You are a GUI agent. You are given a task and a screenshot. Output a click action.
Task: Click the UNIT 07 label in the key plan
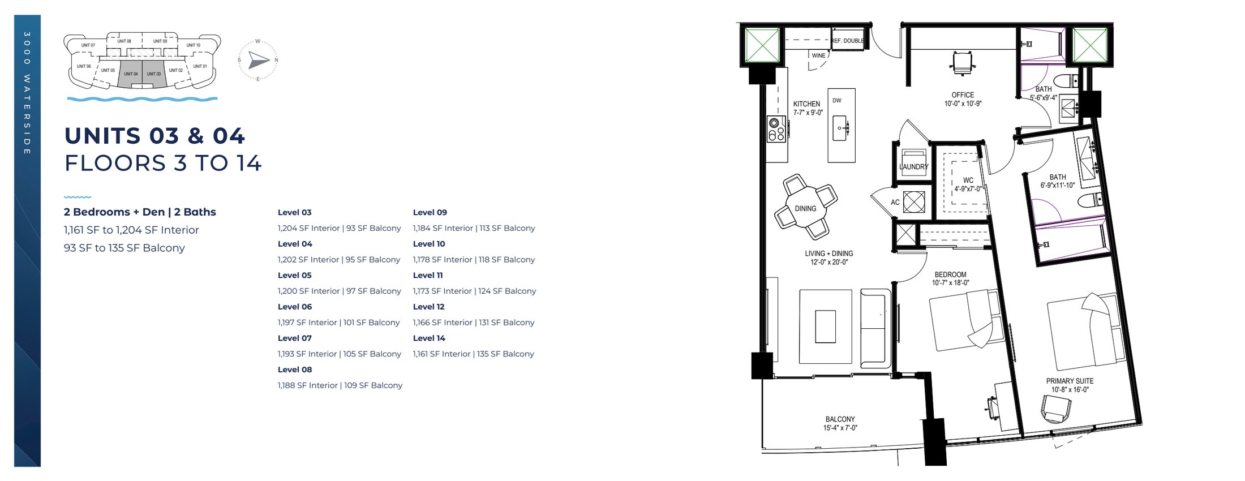tap(88, 45)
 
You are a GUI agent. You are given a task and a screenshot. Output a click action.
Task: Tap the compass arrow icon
tap(259, 60)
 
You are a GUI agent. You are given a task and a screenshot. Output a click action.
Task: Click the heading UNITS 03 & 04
tap(154, 136)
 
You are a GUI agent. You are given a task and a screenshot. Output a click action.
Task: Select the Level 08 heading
tap(294, 370)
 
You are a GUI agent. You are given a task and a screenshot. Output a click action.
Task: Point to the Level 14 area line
tap(473, 354)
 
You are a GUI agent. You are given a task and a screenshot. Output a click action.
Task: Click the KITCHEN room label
tap(806, 104)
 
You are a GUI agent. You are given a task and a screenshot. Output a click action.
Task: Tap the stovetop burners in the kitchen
tap(776, 130)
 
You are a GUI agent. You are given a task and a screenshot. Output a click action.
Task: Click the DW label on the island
tap(836, 101)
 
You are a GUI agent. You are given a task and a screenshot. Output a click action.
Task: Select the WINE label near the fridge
tap(818, 55)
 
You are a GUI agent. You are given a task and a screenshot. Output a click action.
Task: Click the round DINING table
tap(805, 208)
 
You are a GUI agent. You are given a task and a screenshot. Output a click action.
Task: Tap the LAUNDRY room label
tap(913, 167)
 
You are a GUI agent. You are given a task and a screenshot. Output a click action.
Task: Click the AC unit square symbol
tap(913, 202)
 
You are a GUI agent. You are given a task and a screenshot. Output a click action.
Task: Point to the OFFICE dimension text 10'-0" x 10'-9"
tap(963, 104)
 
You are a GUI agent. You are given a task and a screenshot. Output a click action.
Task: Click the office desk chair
tap(963, 63)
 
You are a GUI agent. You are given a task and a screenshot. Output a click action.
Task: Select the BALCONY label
tap(840, 419)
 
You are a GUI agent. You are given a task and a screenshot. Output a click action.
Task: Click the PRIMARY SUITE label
tap(1070, 381)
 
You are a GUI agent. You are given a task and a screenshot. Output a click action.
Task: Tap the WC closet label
tap(968, 181)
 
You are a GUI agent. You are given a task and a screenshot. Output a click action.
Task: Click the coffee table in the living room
tap(825, 327)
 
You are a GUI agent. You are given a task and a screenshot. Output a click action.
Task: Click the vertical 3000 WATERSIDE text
tap(27, 93)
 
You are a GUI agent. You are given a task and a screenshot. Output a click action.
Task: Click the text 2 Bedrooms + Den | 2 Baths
tap(140, 212)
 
